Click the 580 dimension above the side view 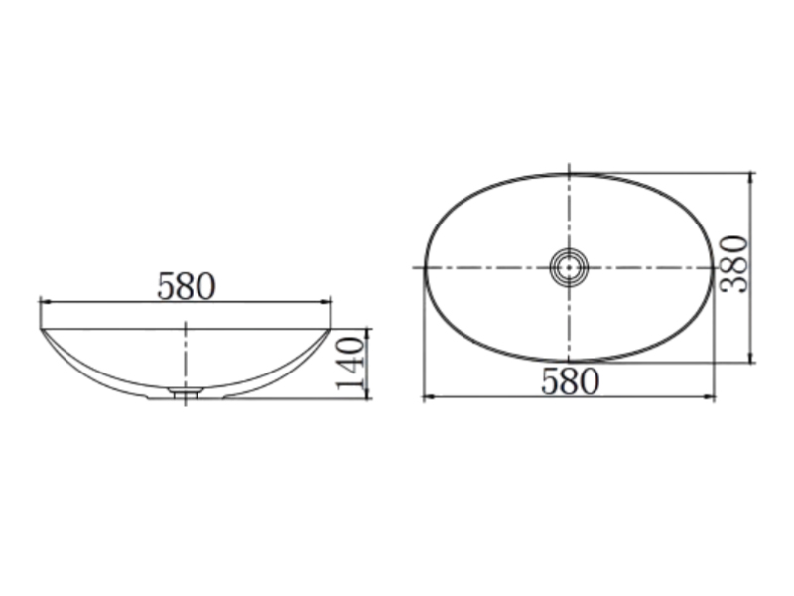[187, 287]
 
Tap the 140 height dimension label [351, 364]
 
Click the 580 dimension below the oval [570, 381]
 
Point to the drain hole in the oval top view [569, 267]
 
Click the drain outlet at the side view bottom [186, 391]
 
